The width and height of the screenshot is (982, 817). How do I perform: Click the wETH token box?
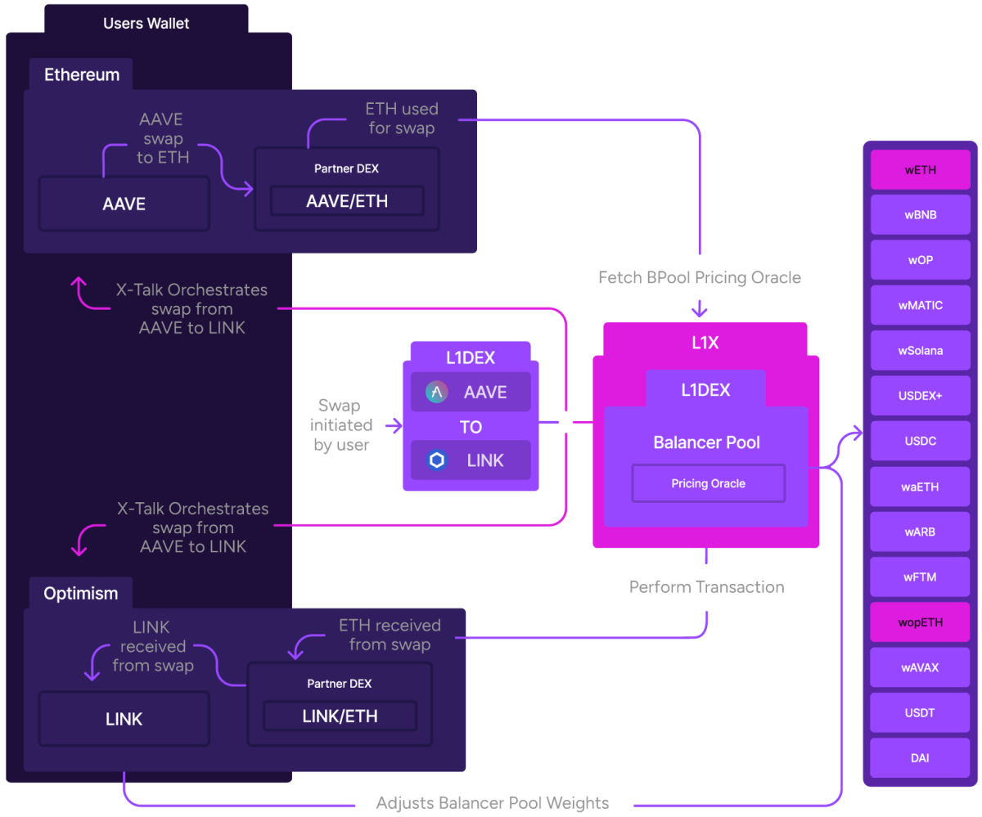pyautogui.click(x=920, y=170)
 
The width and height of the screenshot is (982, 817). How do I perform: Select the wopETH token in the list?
pyautogui.click(x=920, y=622)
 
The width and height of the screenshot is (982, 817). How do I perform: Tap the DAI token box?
pyautogui.click(x=920, y=758)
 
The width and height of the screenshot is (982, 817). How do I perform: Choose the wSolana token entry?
pyautogui.click(x=920, y=351)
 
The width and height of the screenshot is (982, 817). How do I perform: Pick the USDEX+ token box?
pyautogui.click(x=920, y=396)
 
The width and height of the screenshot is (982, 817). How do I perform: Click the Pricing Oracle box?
pyautogui.click(x=708, y=483)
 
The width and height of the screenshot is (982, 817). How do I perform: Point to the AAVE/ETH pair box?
pyautogui.click(x=347, y=201)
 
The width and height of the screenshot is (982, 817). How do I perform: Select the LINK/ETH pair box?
pyautogui.click(x=340, y=716)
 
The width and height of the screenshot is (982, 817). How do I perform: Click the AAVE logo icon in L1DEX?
pyautogui.click(x=437, y=393)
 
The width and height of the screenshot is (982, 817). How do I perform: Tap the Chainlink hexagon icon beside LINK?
pyautogui.click(x=437, y=460)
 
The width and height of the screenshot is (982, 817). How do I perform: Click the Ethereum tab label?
pyautogui.click(x=82, y=74)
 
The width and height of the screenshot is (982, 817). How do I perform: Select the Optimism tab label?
pyautogui.click(x=80, y=593)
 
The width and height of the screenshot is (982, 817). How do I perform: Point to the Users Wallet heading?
pyautogui.click(x=146, y=23)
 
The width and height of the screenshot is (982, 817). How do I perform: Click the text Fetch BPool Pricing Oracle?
pyautogui.click(x=700, y=277)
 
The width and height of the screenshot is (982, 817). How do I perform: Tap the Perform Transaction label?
pyautogui.click(x=706, y=587)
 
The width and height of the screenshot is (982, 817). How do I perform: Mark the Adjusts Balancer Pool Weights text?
pyautogui.click(x=492, y=802)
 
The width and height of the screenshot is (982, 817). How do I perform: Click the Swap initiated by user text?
pyautogui.click(x=341, y=425)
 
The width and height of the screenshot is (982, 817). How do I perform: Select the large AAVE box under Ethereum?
pyautogui.click(x=124, y=204)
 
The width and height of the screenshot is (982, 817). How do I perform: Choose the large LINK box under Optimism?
pyautogui.click(x=124, y=719)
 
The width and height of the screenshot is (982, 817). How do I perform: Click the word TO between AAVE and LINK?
pyautogui.click(x=471, y=427)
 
